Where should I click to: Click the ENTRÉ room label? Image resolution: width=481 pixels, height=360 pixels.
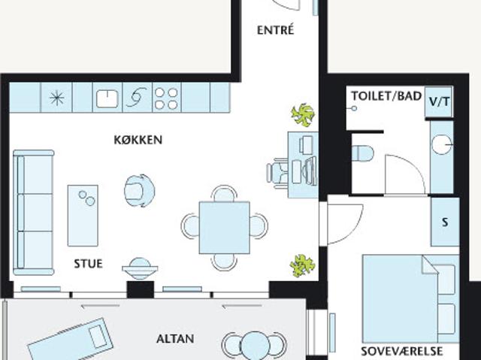coord(276,30)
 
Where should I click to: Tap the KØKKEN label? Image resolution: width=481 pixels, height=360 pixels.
coord(138,140)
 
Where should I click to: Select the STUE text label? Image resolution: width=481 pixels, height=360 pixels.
coord(89,264)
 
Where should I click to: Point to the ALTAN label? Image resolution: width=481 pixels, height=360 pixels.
coord(175,339)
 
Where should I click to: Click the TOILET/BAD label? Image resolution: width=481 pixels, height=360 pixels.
coord(386,96)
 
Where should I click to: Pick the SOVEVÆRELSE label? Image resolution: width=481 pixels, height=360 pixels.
coord(401,351)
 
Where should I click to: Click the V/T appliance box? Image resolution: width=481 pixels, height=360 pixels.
coord(439,101)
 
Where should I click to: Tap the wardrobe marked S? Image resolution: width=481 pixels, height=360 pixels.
coord(445,222)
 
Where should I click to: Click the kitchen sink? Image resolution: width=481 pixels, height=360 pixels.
coord(107,98)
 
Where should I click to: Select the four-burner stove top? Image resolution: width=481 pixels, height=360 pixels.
coord(166,98)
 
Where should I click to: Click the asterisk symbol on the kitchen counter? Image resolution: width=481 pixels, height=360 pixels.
coord(57,98)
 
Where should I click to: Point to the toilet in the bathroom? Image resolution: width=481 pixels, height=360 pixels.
coord(362,153)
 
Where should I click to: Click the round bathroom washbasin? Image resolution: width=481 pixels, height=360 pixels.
coord(442,145)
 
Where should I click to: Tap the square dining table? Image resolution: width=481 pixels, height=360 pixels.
coord(224,228)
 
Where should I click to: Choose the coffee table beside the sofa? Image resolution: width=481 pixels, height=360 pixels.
coord(83,216)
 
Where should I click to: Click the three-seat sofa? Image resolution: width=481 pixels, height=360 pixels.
coord(33,212)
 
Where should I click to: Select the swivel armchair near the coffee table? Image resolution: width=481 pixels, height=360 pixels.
coord(139,191)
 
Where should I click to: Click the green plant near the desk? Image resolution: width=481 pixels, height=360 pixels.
coord(303,115)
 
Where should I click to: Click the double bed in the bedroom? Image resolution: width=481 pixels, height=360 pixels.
coord(411,298)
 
